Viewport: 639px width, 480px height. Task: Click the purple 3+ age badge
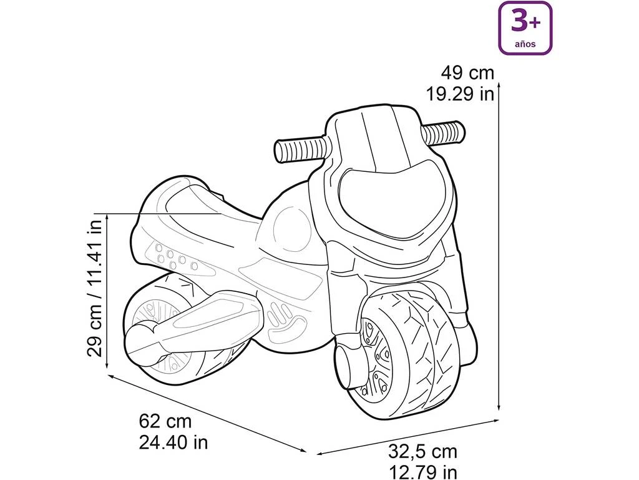[x=525, y=27]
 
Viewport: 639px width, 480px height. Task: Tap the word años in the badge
[x=525, y=44]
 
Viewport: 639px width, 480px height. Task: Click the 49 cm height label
[x=467, y=73]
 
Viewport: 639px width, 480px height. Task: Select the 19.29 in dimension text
[x=460, y=94]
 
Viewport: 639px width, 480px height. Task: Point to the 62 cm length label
[x=165, y=421]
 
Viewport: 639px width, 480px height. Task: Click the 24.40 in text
[x=173, y=442]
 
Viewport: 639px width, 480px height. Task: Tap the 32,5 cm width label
[x=422, y=451]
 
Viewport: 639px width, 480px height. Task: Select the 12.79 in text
[x=422, y=472]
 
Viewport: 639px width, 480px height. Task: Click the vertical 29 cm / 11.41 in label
[x=95, y=288]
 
